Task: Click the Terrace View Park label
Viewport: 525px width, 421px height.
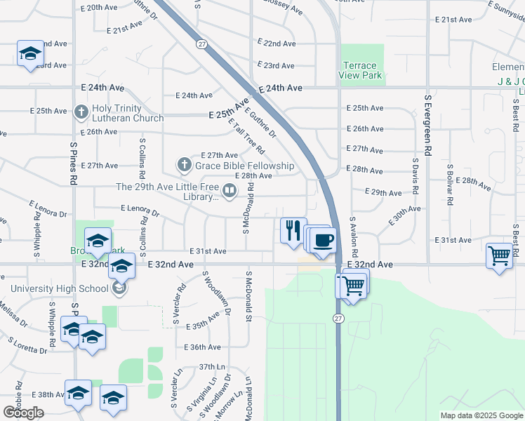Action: coord(358,70)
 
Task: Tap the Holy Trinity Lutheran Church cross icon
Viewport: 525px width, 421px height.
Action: coord(81,112)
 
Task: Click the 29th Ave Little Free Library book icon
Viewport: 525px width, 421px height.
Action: coord(229,189)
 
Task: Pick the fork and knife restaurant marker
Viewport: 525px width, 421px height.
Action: coord(293,230)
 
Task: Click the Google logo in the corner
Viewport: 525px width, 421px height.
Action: coord(23,413)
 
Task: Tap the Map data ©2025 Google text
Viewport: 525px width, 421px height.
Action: coord(481,415)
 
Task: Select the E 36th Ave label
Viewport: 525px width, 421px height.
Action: coord(202,347)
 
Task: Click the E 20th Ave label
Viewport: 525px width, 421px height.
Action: coord(99,8)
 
